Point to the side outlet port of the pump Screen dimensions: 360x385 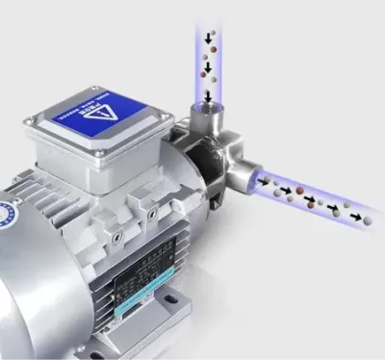tap(251, 177)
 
